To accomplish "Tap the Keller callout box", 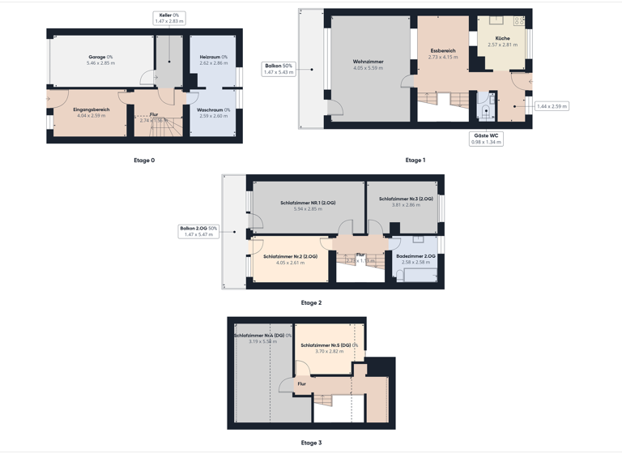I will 169,18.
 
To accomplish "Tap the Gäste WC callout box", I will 487,139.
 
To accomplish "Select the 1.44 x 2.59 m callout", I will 552,106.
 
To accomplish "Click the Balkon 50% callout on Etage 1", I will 279,69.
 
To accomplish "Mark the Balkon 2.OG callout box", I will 198,231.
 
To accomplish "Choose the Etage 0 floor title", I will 144,161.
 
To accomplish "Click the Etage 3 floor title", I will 311,443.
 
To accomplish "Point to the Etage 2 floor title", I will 311,302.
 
